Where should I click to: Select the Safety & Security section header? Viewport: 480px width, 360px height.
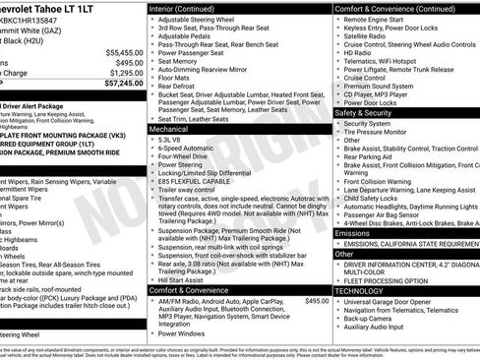[x=369, y=113]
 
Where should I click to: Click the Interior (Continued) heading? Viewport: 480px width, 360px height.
[x=189, y=8]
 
